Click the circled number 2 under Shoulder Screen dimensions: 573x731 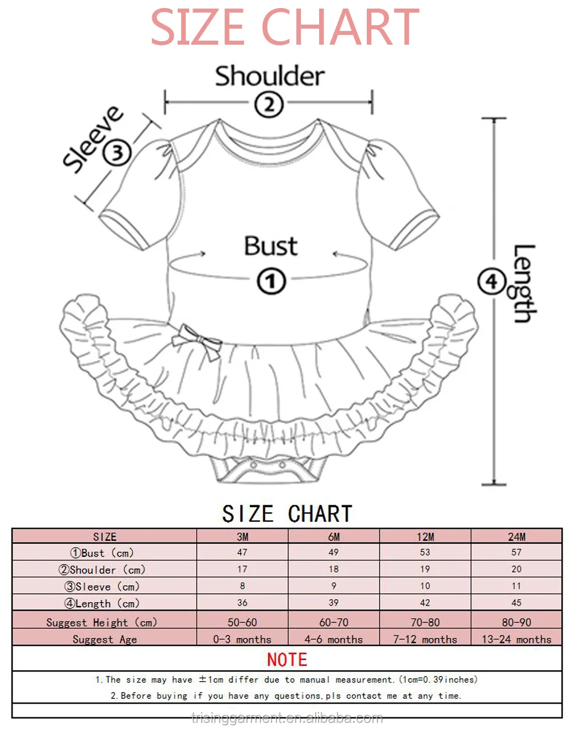pos(269,105)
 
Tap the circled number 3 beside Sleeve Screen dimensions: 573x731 pos(117,152)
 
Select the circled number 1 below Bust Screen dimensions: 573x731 pos(272,281)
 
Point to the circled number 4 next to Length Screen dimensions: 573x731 pos(492,281)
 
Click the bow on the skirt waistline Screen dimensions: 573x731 pos(197,342)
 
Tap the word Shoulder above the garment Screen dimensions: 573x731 pos(270,76)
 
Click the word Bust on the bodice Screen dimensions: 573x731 pos(271,246)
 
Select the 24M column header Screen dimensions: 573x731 pos(516,537)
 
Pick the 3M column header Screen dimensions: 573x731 pos(242,537)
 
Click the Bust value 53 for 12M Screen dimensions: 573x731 pos(425,552)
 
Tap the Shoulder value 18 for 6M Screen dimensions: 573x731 pos(333,569)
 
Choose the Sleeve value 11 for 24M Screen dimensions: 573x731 pos(516,585)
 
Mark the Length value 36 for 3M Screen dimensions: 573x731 pos(242,603)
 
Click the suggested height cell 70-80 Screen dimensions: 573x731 pos(425,622)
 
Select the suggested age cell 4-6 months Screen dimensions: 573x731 pos(333,639)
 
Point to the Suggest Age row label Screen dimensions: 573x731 pos(105,639)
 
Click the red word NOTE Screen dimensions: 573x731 pos(287,660)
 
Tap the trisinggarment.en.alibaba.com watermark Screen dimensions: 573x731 pos(287,718)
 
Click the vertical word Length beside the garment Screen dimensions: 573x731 pos(524,284)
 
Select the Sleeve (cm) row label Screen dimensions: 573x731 pos(102,587)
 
